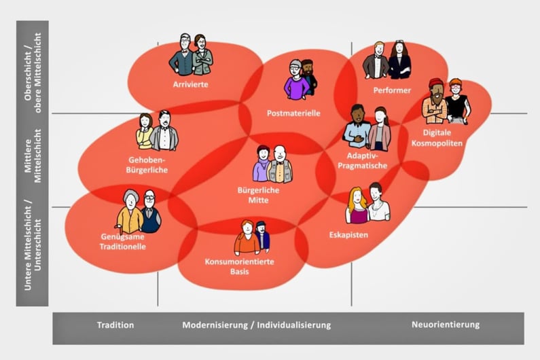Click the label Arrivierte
[x=190, y=85]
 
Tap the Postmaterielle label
[x=293, y=113]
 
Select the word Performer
[x=392, y=90]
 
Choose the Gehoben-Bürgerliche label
[x=147, y=165]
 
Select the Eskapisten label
[x=348, y=234]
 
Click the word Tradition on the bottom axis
[x=115, y=325]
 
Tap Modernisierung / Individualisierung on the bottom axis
[x=256, y=325]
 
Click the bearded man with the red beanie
[x=434, y=102]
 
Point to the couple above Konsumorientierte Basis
[x=252, y=238]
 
